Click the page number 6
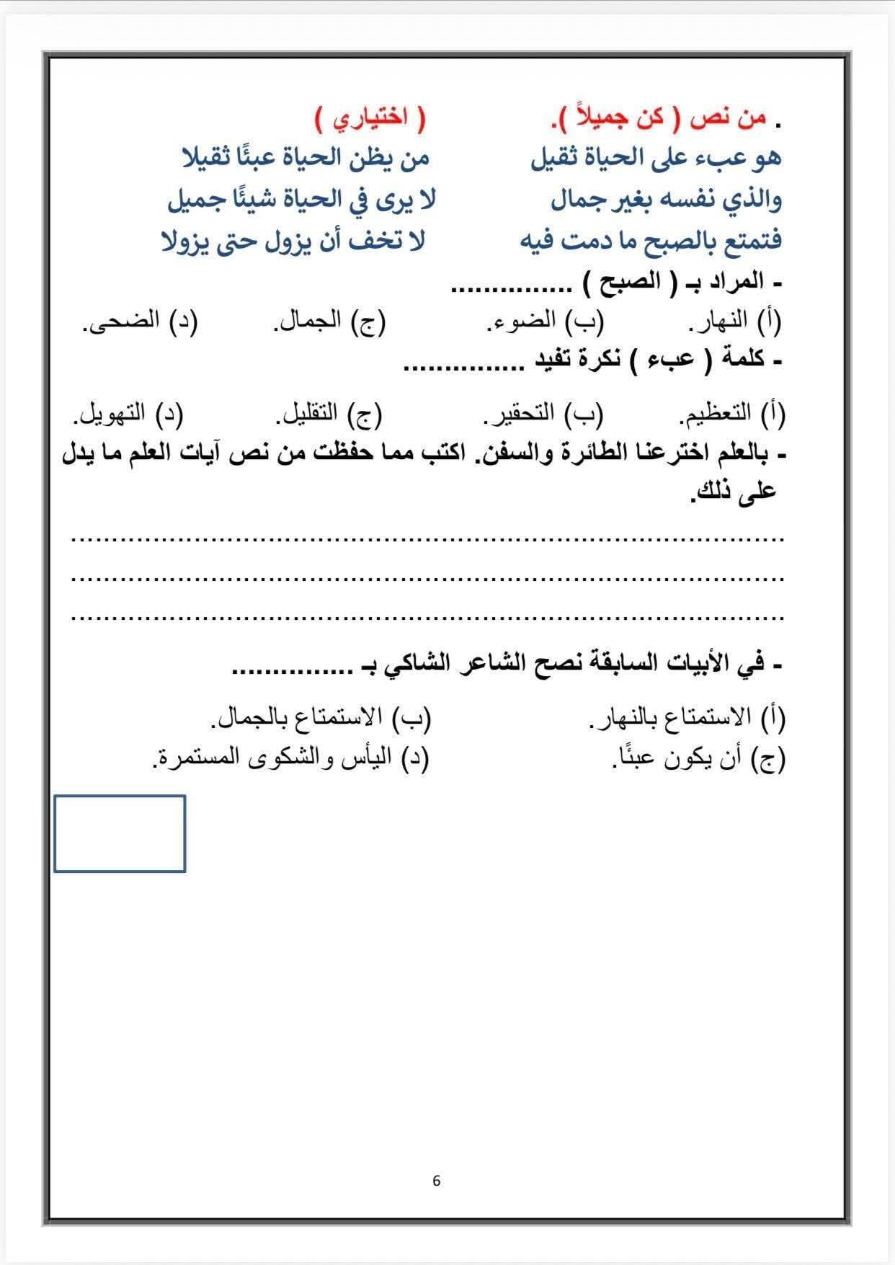[437, 1181]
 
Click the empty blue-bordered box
[120, 833]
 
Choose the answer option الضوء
[530, 322]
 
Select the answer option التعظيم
[716, 413]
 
